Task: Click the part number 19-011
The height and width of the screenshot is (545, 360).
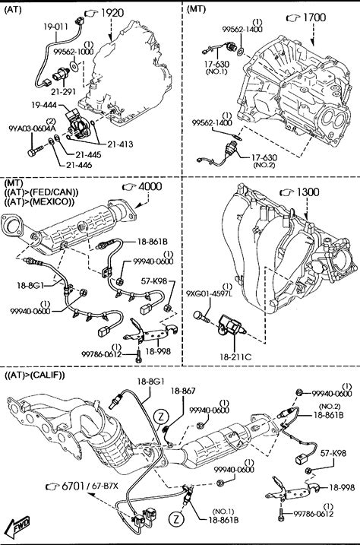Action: pyautogui.click(x=56, y=26)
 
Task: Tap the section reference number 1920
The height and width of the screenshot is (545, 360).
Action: pyautogui.click(x=112, y=13)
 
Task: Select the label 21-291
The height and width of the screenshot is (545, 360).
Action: pyautogui.click(x=63, y=92)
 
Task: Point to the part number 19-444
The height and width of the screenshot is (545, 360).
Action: pyautogui.click(x=44, y=105)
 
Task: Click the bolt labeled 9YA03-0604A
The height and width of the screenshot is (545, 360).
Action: pyautogui.click(x=35, y=151)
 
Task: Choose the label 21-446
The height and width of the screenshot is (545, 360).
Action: pyautogui.click(x=80, y=165)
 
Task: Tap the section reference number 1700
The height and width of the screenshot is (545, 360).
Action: pyautogui.click(x=314, y=17)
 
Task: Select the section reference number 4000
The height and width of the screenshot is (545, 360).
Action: pyautogui.click(x=150, y=187)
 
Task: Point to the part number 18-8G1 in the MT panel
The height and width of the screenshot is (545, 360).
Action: pyautogui.click(x=30, y=286)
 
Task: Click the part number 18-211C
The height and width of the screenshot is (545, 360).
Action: pyautogui.click(x=235, y=356)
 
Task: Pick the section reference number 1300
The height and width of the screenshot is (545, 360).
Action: pyautogui.click(x=308, y=192)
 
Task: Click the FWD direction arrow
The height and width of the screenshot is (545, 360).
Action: pyautogui.click(x=20, y=524)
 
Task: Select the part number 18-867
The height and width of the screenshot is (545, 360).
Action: pyautogui.click(x=182, y=391)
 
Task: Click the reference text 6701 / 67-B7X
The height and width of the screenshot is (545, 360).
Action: pyautogui.click(x=90, y=486)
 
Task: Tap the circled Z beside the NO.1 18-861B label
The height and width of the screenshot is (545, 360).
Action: pyautogui.click(x=176, y=519)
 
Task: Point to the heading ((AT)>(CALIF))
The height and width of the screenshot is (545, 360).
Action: pyautogui.click(x=35, y=375)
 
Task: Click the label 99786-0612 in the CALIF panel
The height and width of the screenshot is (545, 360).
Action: pyautogui.click(x=314, y=513)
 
